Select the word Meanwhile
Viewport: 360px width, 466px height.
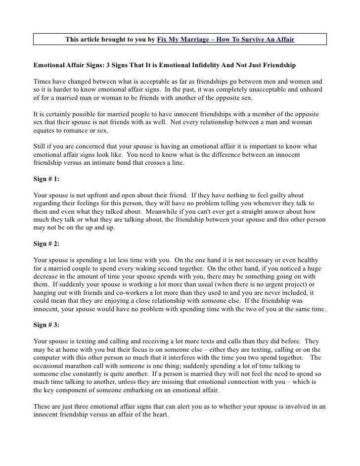click(x=160, y=212)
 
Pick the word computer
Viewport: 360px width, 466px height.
click(x=49, y=358)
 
